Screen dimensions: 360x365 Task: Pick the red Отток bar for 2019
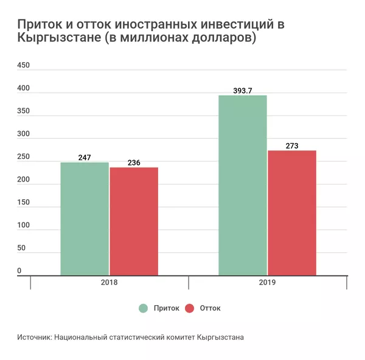[x=292, y=213]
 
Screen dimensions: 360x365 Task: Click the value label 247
[x=85, y=158]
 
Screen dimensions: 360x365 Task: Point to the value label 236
[x=134, y=163]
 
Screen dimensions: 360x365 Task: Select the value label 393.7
[x=242, y=91]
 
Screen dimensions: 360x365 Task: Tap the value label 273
[x=292, y=146]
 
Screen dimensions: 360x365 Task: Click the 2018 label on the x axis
[x=109, y=283]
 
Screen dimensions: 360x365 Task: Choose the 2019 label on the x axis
[x=268, y=283]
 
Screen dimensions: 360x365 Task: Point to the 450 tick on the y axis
[x=23, y=65]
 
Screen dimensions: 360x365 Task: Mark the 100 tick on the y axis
[x=23, y=225]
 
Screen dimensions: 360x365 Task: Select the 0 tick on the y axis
[x=19, y=270]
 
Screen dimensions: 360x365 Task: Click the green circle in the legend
[x=144, y=308]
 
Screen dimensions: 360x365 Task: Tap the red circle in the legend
[x=189, y=308]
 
